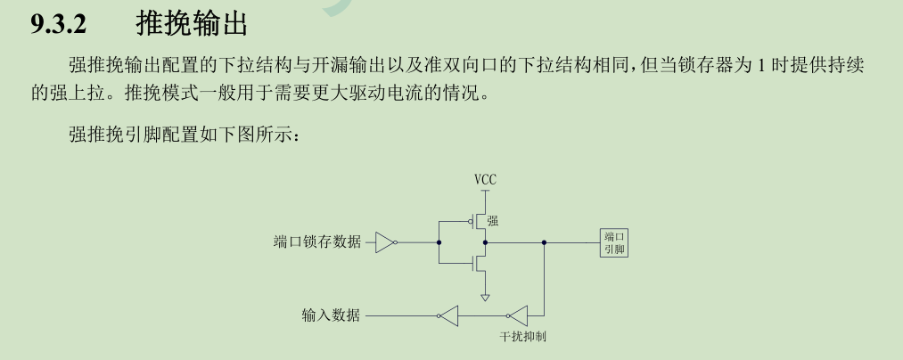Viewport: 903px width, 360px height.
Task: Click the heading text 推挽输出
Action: coord(191,25)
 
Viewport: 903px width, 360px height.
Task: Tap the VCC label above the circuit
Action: coord(485,179)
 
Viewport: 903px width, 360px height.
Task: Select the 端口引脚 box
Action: coord(615,242)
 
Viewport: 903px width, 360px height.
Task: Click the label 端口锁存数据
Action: coord(317,242)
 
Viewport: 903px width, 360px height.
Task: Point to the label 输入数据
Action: coord(331,315)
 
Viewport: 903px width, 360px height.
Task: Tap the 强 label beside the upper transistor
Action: coord(492,221)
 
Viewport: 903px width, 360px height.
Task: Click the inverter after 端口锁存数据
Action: coord(385,241)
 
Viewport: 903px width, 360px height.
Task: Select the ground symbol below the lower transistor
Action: coord(485,297)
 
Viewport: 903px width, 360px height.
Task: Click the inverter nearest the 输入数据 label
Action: coord(448,315)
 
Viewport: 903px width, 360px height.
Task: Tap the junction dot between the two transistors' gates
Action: coord(439,241)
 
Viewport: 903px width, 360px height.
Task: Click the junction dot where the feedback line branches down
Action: coord(544,241)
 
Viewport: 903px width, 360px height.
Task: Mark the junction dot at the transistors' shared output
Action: coord(485,241)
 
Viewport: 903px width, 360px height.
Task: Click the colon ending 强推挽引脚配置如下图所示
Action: coord(304,135)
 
